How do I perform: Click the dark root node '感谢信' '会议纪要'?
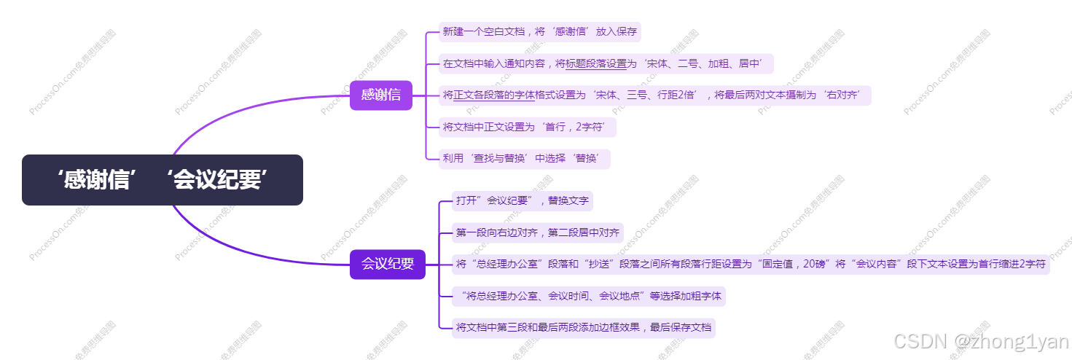162,180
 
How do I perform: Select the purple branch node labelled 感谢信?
380,95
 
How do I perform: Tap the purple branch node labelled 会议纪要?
387,264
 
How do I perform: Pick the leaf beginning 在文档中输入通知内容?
606,63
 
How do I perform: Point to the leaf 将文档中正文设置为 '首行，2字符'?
528,127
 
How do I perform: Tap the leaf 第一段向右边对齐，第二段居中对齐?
537,232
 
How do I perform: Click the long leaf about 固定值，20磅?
750,264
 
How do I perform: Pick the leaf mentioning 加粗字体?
588,296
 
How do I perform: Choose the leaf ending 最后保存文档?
583,327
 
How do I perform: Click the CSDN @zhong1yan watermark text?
980,341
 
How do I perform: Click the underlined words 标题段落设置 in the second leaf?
596,63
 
